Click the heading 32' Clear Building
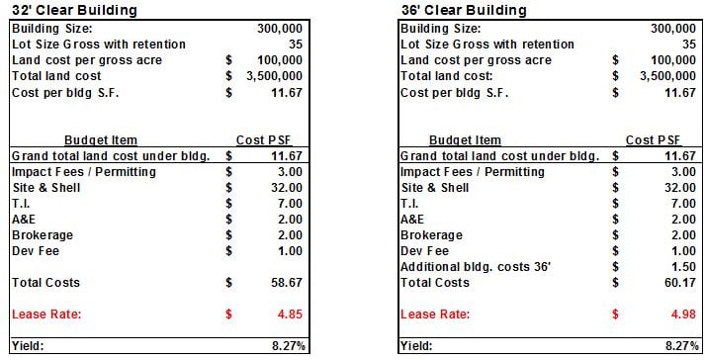click(73, 10)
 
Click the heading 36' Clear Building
click(462, 10)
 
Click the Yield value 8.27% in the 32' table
click(285, 347)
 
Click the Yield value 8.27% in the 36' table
click(674, 347)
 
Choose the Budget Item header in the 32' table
click(101, 140)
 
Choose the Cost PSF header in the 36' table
click(654, 140)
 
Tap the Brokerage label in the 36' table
click(431, 235)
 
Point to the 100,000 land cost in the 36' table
click(667, 60)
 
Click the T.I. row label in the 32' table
click(22, 204)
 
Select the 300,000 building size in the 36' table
click(667, 29)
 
